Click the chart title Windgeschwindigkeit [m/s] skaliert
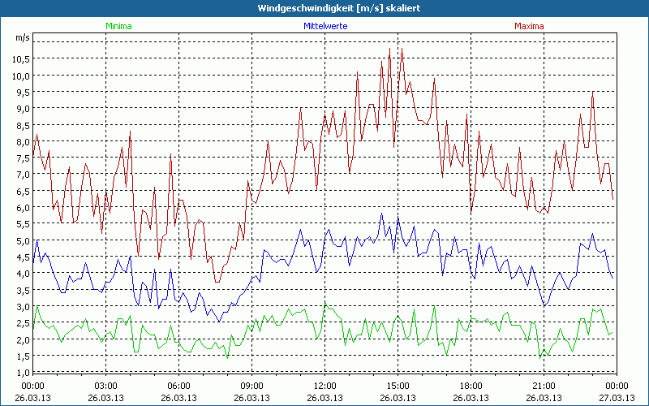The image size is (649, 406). (x=324, y=7)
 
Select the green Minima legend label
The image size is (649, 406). (x=118, y=26)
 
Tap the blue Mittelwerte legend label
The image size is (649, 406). (x=324, y=26)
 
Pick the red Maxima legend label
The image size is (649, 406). (x=529, y=26)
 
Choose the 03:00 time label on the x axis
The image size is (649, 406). (x=105, y=385)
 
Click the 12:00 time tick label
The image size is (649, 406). (x=324, y=385)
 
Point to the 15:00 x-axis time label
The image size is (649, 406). (x=398, y=385)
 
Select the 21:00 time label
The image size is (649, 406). (x=544, y=385)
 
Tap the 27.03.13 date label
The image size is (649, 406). (x=617, y=397)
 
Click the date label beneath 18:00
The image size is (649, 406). (x=471, y=397)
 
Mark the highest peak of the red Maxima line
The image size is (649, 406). (x=390, y=49)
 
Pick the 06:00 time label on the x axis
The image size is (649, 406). (x=178, y=385)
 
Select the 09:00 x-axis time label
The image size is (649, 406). (x=251, y=385)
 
